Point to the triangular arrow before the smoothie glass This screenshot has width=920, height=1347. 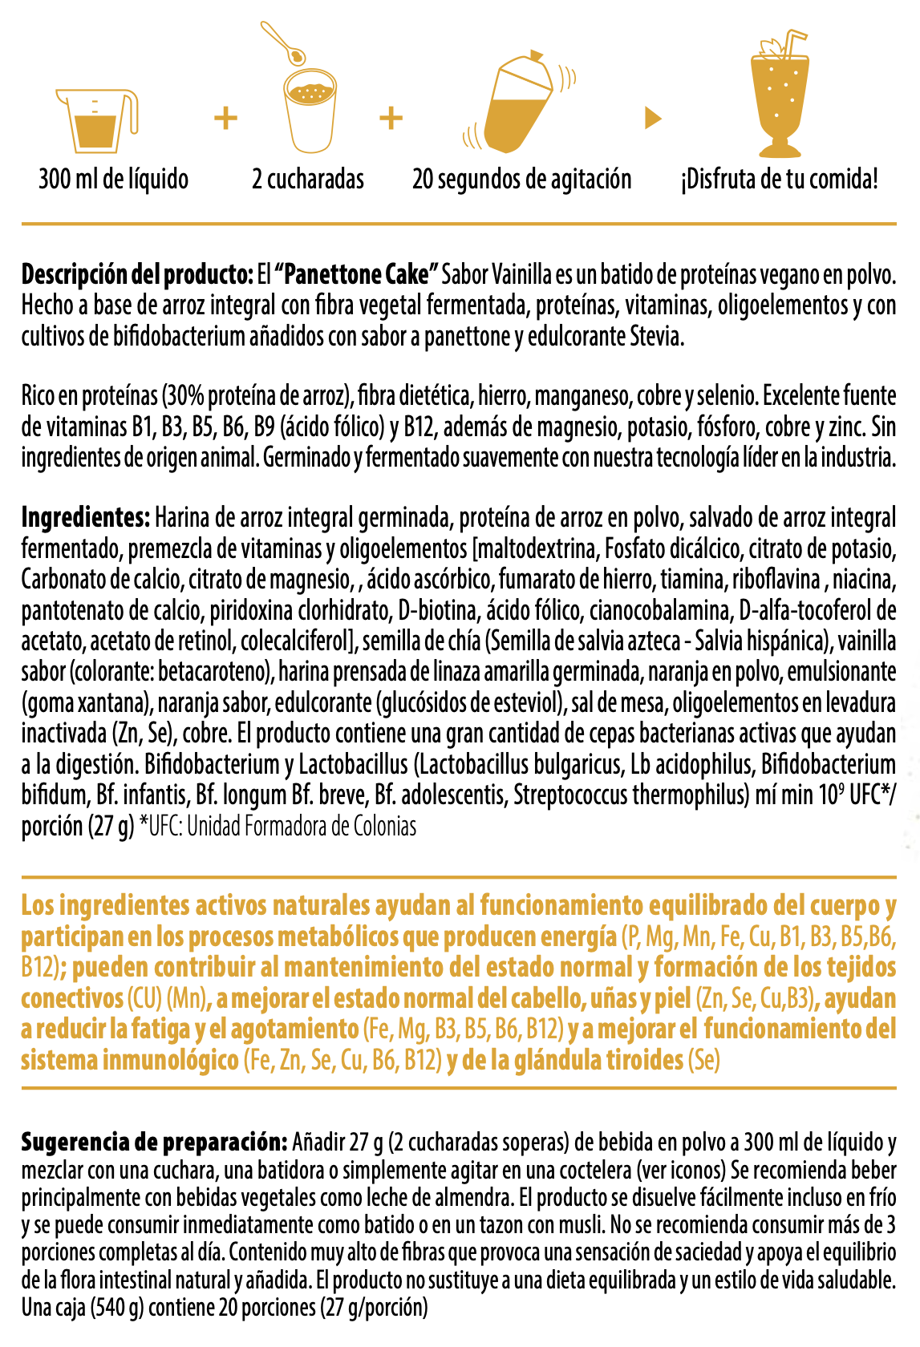tap(653, 119)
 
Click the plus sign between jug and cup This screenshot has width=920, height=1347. tap(226, 118)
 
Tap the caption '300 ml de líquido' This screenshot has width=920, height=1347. tap(114, 179)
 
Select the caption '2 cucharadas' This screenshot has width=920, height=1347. tap(308, 179)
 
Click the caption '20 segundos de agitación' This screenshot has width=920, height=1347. tap(522, 179)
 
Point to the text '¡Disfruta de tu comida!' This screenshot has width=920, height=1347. tap(780, 179)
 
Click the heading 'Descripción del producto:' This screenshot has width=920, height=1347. tap(137, 275)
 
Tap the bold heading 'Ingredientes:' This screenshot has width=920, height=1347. tap(86, 518)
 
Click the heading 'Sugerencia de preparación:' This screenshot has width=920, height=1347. tap(154, 1141)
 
